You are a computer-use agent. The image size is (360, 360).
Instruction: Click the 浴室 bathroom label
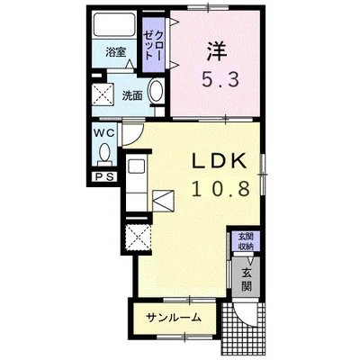(x=115, y=53)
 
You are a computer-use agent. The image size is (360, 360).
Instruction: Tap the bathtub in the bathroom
(x=114, y=24)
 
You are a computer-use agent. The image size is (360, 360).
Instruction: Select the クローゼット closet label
(x=153, y=46)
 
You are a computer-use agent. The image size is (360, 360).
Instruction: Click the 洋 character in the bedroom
(x=217, y=50)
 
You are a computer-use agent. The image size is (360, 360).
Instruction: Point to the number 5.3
(x=220, y=79)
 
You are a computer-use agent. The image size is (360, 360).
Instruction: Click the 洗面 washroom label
(x=132, y=95)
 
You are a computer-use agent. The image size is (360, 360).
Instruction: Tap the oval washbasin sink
(x=157, y=89)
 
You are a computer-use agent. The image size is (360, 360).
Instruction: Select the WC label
(x=104, y=132)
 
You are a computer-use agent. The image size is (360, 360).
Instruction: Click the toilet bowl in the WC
(x=104, y=154)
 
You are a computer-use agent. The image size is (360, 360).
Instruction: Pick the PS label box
(x=104, y=177)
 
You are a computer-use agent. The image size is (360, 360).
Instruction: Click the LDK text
(x=219, y=162)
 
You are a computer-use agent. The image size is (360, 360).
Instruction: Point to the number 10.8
(x=220, y=189)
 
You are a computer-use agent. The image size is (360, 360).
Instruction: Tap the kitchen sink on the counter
(x=137, y=166)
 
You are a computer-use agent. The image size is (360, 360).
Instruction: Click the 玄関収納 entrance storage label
(x=246, y=241)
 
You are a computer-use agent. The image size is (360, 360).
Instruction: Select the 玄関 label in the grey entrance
(x=247, y=280)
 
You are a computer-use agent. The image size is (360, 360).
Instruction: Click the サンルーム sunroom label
(x=174, y=317)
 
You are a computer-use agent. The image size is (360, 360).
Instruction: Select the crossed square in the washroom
(x=103, y=94)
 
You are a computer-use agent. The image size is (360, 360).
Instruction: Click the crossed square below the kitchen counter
(x=139, y=237)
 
